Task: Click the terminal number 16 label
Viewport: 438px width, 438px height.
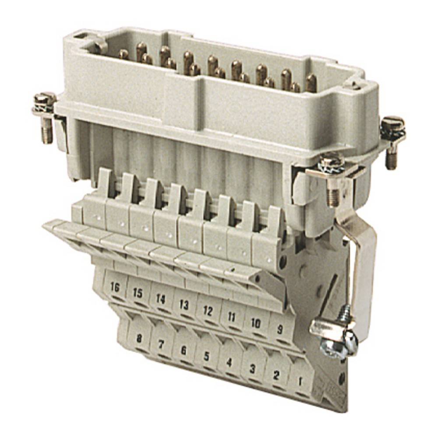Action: [x=115, y=288]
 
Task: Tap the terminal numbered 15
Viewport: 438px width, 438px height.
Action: [x=138, y=293]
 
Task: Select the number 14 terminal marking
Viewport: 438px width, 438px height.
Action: [x=160, y=299]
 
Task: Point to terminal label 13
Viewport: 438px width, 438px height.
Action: [x=184, y=304]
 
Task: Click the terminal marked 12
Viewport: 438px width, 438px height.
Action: [x=208, y=311]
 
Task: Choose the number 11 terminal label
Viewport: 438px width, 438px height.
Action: [x=231, y=317]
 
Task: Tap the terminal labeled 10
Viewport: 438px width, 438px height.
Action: [x=256, y=323]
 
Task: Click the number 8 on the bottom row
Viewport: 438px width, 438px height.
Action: [x=140, y=338]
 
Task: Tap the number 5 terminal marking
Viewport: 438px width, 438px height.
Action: [x=206, y=356]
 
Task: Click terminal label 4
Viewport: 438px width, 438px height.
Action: [x=228, y=362]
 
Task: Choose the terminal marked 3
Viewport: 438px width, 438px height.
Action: [x=252, y=368]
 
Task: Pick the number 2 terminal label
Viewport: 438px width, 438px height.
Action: [x=276, y=375]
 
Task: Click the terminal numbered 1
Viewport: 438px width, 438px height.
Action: [x=300, y=381]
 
